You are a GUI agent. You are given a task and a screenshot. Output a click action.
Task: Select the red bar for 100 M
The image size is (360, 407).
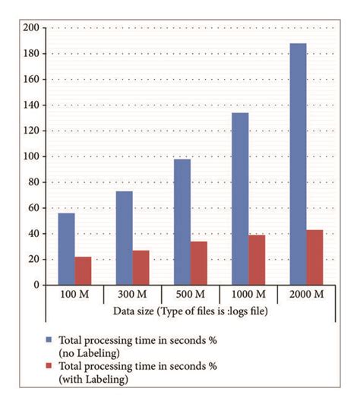83,270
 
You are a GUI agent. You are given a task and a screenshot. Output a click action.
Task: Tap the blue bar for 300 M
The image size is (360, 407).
124,238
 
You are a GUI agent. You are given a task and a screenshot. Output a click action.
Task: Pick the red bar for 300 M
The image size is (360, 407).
141,267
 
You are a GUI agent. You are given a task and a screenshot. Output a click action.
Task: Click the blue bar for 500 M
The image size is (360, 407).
182,222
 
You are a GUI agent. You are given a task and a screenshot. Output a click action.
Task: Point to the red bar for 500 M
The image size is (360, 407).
198,263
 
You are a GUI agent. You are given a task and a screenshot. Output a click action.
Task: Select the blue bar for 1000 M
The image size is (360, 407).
239,198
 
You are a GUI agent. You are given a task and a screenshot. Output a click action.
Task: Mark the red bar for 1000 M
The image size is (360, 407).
256,260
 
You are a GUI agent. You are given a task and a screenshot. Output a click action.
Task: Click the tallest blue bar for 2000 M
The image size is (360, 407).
298,163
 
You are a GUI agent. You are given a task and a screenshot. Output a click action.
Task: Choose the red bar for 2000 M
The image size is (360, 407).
314,257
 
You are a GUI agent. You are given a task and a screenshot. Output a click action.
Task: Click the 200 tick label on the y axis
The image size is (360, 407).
31,28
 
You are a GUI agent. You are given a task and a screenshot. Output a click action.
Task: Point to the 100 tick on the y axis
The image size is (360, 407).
31,156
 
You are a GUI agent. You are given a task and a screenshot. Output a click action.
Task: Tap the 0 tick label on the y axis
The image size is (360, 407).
36,285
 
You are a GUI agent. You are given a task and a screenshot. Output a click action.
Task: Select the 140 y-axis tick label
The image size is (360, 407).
31,105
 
